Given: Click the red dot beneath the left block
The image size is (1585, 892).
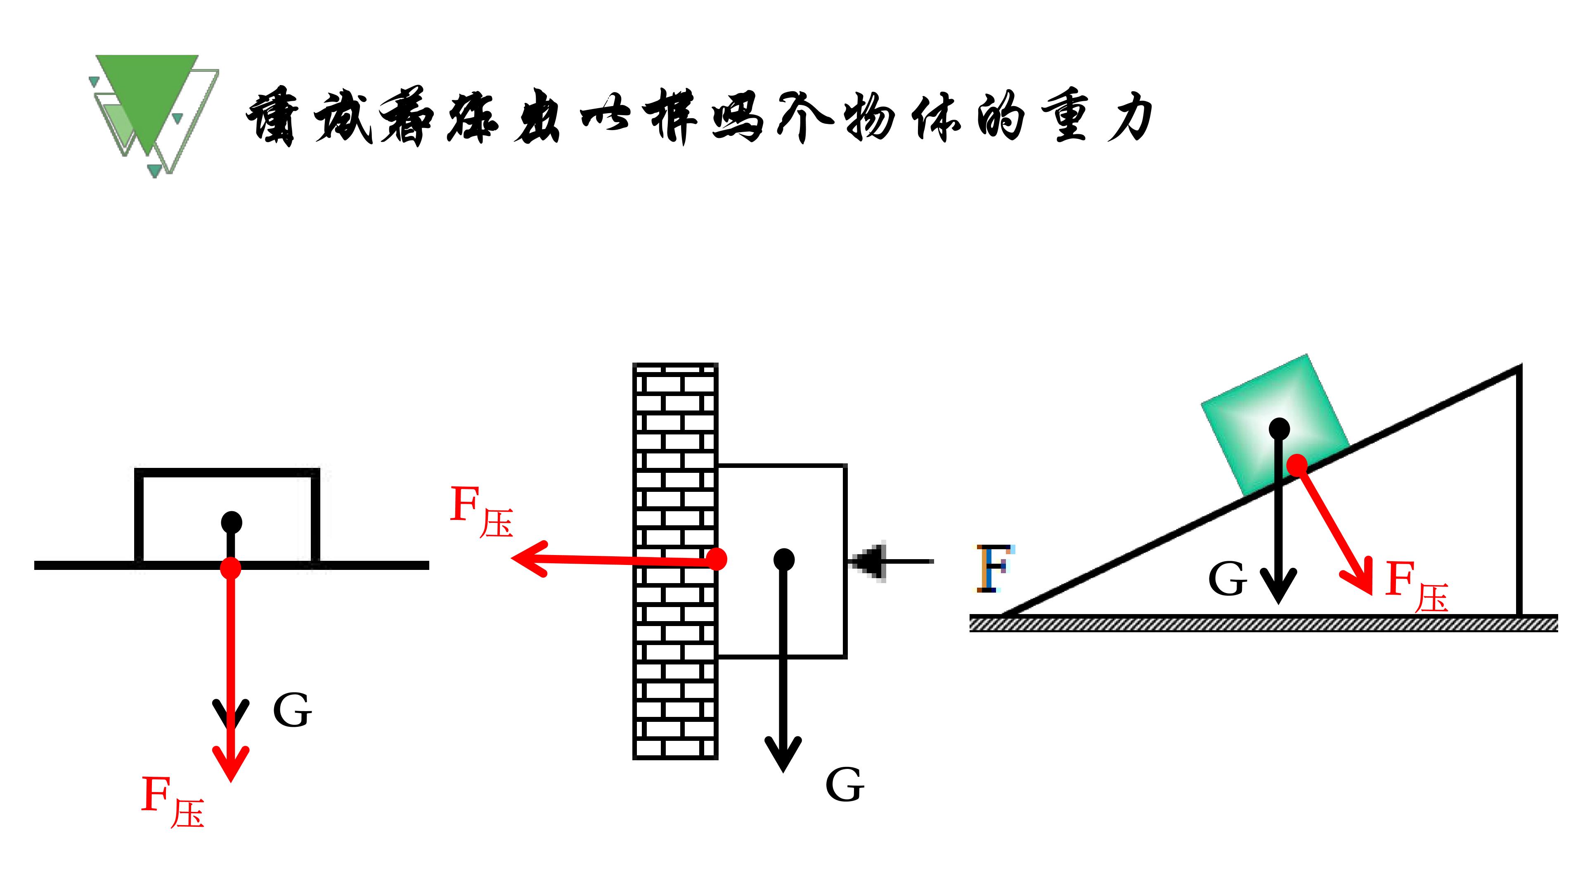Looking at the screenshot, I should click(231, 567).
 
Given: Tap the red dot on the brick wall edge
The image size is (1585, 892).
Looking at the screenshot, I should click(716, 559).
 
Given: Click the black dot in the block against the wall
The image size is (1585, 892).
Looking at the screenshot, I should click(783, 559).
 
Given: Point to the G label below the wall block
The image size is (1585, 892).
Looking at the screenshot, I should click(845, 785).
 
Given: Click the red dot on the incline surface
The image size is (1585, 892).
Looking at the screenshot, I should click(1297, 465).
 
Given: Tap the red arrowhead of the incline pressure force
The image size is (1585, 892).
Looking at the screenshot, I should click(1363, 579).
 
